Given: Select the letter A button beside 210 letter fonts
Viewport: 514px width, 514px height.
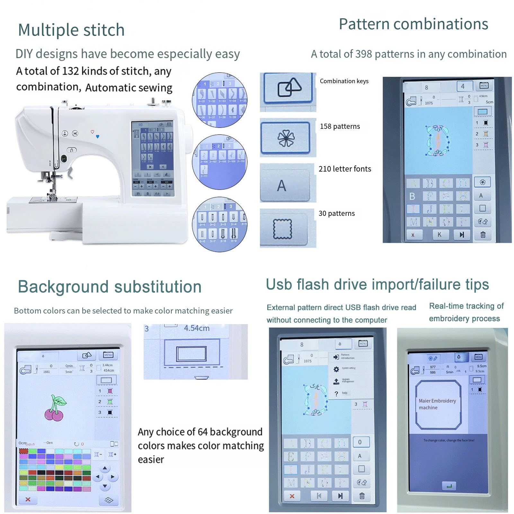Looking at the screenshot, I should (x=282, y=186).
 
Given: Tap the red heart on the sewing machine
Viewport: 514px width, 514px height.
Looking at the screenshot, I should (x=92, y=132).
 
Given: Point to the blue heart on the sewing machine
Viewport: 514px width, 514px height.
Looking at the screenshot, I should (x=98, y=137).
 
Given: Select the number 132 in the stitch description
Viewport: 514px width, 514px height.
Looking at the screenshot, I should (x=70, y=71).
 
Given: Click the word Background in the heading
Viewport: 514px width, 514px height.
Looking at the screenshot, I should (x=63, y=287).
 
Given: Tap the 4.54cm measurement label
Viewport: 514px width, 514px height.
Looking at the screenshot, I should (x=197, y=328).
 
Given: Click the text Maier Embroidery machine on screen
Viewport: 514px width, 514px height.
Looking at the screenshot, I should (x=437, y=404).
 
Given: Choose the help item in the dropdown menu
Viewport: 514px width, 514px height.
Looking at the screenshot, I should (x=344, y=393).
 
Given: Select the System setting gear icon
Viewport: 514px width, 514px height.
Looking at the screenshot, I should (x=336, y=369).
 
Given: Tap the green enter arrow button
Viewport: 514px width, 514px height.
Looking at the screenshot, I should (x=449, y=486).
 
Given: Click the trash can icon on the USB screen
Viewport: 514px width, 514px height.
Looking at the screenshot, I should (x=362, y=496).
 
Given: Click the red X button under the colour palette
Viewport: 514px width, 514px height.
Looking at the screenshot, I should (x=28, y=499).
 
